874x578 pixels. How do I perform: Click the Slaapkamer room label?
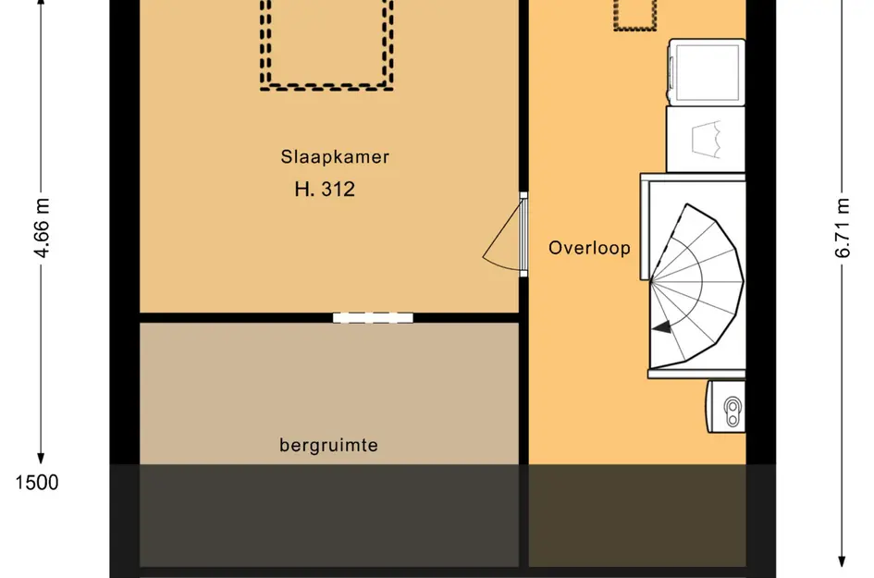(335, 157)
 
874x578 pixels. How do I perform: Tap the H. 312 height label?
(325, 191)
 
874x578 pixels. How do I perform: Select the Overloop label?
(589, 248)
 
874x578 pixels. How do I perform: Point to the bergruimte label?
(328, 446)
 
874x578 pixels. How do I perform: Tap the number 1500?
(37, 482)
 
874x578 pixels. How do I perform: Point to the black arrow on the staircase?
(661, 326)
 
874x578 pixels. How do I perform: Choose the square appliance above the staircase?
(705, 139)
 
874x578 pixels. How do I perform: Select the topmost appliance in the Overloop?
(707, 72)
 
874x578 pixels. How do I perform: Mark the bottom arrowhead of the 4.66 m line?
(42, 456)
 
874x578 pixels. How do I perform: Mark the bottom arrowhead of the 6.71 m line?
(842, 559)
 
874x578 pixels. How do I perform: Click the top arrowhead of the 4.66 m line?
(42, 6)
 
